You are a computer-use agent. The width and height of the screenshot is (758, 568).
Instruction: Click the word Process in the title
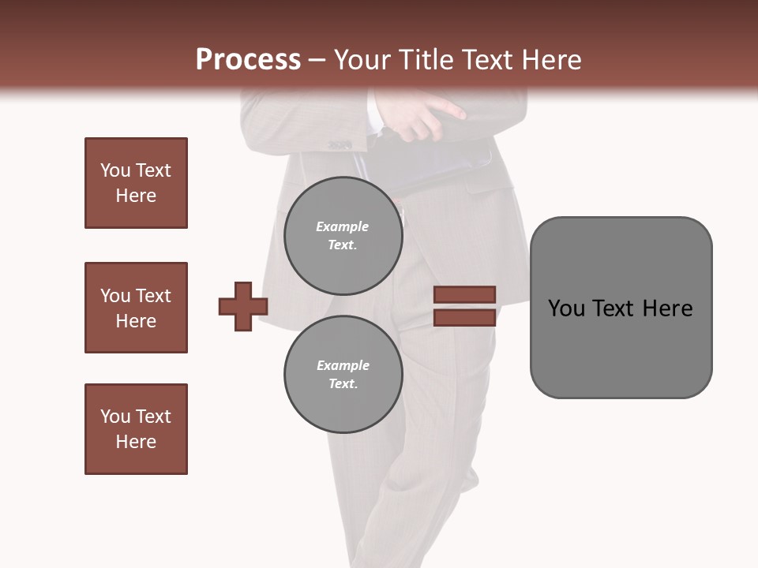pos(248,60)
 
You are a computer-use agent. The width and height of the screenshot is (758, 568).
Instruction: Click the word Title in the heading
pos(424,60)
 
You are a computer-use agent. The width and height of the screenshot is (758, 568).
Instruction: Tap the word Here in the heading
pos(548,60)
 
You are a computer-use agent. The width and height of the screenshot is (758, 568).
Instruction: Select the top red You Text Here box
pos(136,183)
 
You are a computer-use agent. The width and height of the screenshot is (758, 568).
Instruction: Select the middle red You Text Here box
pos(136,308)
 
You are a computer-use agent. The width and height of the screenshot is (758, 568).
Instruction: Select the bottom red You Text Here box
pos(136,429)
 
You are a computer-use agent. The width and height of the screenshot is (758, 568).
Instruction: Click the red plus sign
pos(243,305)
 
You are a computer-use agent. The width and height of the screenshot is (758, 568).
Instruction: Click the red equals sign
pos(465,306)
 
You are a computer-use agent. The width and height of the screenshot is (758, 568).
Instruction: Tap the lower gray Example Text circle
pos(343,374)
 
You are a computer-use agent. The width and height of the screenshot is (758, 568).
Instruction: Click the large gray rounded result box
pos(621,308)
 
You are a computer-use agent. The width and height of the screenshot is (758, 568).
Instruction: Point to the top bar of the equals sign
pos(465,295)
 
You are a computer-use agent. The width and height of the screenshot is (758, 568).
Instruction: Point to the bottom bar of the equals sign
pos(465,317)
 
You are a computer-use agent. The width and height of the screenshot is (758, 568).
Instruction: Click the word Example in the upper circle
pos(343,226)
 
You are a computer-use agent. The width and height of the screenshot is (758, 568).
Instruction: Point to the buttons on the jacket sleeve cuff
pos(340,144)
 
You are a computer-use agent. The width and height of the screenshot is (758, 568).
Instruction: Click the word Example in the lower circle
pos(343,365)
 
